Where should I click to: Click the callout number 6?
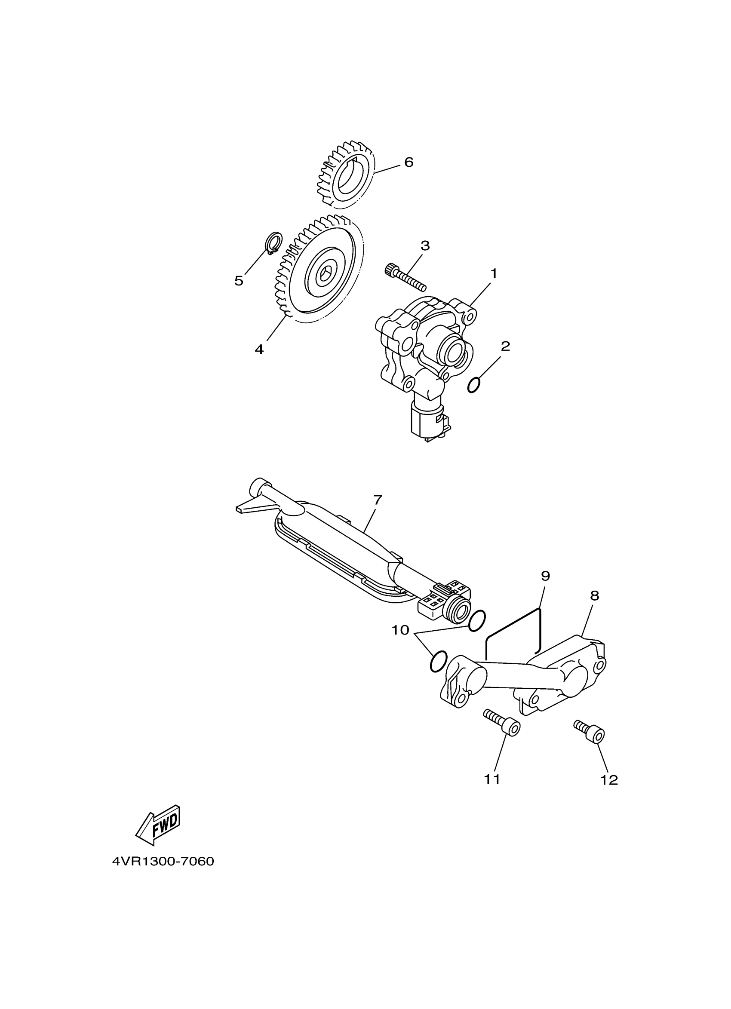(408, 162)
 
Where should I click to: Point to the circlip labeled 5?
(273, 243)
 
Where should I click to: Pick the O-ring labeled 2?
(474, 385)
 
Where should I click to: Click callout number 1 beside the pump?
(493, 273)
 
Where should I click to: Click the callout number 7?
(377, 500)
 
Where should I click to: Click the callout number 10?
(400, 630)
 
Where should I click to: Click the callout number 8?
(594, 596)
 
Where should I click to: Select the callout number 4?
(259, 349)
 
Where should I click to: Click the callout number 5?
(239, 281)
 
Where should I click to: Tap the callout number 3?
(425, 245)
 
